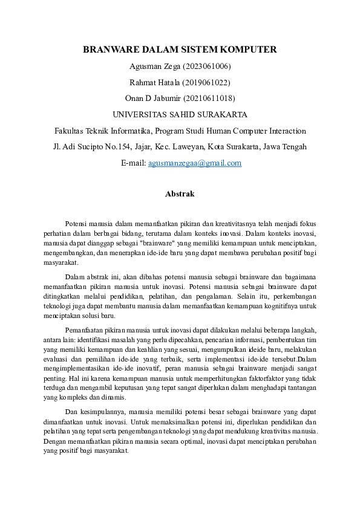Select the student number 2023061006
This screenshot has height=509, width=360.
pos(206,66)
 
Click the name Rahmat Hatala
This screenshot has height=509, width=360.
pos(152,82)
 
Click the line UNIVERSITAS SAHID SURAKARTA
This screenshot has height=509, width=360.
pos(180,114)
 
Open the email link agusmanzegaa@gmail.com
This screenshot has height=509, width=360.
pos(194,163)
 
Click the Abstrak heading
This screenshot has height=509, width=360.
pos(180,194)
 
